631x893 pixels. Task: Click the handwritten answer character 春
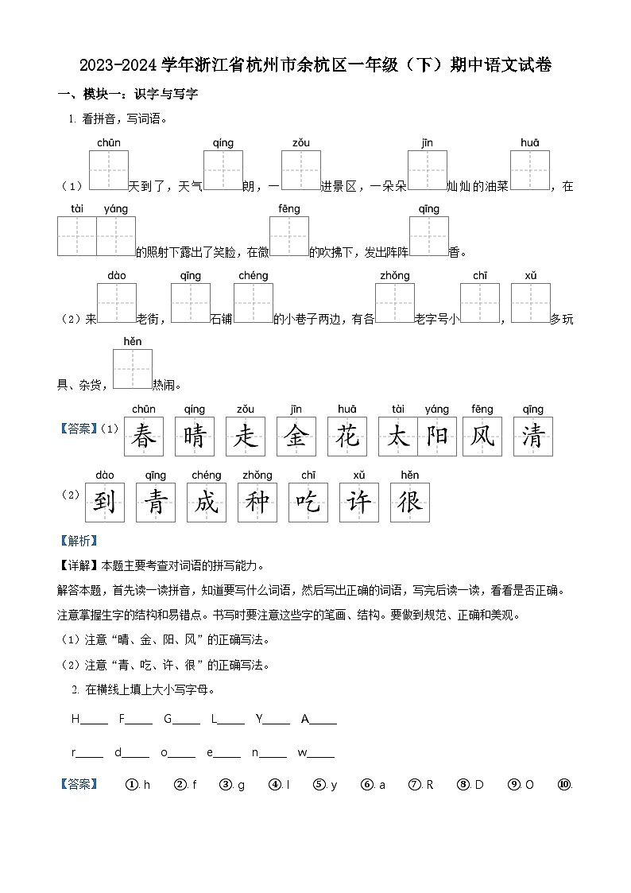click(144, 437)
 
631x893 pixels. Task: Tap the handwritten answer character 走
click(246, 437)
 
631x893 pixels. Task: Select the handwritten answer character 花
click(347, 437)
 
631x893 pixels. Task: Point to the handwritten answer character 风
click(482, 437)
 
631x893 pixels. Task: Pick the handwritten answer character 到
click(105, 503)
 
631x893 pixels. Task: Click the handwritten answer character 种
click(257, 503)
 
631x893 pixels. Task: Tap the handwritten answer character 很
click(410, 503)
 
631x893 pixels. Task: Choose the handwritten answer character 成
click(207, 503)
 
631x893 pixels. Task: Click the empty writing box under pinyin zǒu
click(300, 170)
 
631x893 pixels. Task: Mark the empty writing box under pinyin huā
click(530, 170)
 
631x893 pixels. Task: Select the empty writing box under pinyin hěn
click(133, 369)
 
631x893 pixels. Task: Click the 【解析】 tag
click(79, 541)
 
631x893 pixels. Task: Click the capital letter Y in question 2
click(259, 719)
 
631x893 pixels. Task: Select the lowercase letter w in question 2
click(302, 752)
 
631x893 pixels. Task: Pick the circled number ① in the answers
click(132, 785)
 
